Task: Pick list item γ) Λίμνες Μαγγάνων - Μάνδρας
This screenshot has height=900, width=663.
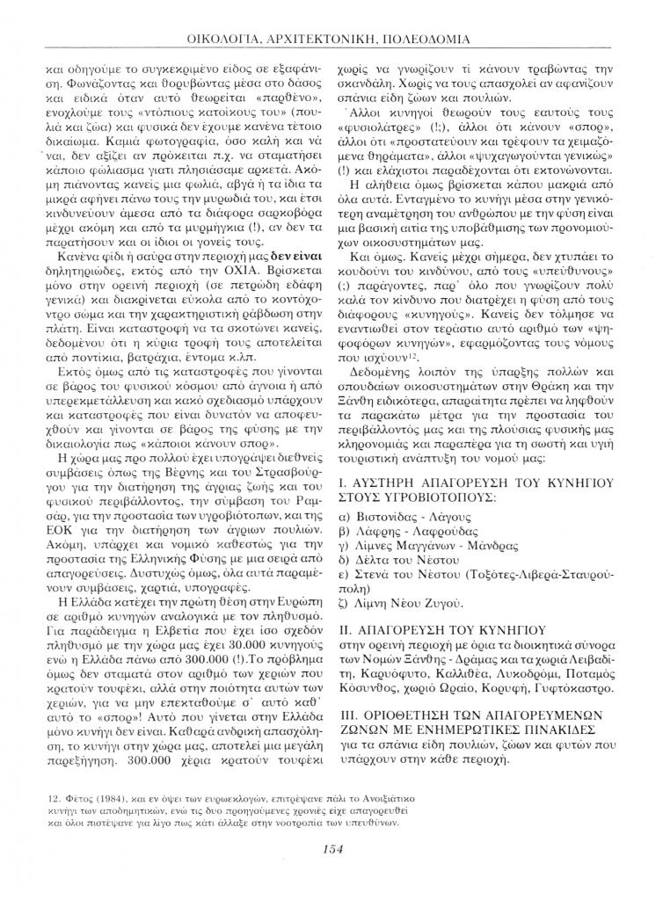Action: point(420,548)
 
